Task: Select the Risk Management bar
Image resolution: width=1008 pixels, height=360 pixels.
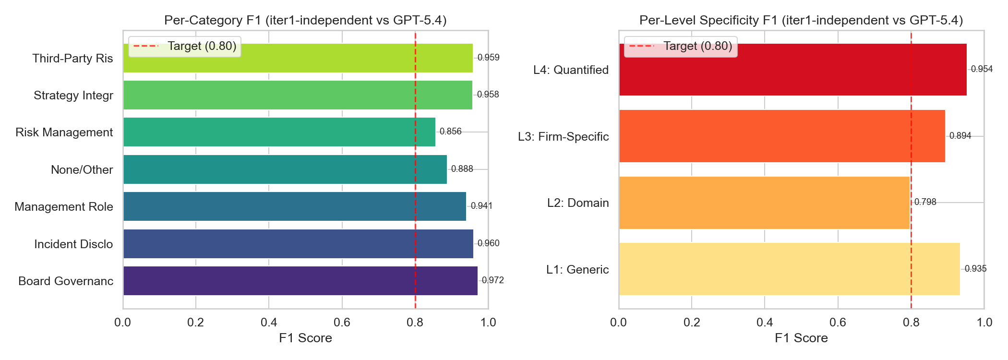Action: [x=279, y=132]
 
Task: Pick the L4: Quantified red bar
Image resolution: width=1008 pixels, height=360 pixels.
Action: [x=792, y=70]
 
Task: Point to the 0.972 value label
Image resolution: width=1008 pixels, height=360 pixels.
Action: [x=493, y=280]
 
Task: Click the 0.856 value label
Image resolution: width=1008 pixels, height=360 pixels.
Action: [x=451, y=132]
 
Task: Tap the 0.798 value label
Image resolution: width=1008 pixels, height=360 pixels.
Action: [x=925, y=202]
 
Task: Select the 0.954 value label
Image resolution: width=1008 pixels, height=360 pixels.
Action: [x=982, y=69]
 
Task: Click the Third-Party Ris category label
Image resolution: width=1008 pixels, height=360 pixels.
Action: [x=72, y=59]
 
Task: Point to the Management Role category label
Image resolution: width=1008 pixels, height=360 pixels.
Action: [x=64, y=207]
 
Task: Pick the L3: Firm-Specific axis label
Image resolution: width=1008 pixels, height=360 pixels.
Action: [x=563, y=137]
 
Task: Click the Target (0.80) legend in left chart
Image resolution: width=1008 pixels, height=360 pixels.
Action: [x=185, y=47]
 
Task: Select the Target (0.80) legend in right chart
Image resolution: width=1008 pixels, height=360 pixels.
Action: [x=681, y=47]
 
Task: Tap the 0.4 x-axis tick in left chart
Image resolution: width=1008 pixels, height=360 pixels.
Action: [x=269, y=323]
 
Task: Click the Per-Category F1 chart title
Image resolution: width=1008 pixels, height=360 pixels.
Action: [x=305, y=20]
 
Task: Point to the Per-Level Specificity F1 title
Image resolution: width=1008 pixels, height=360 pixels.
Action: [x=801, y=20]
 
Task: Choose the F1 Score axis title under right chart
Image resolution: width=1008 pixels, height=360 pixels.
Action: [x=801, y=338]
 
